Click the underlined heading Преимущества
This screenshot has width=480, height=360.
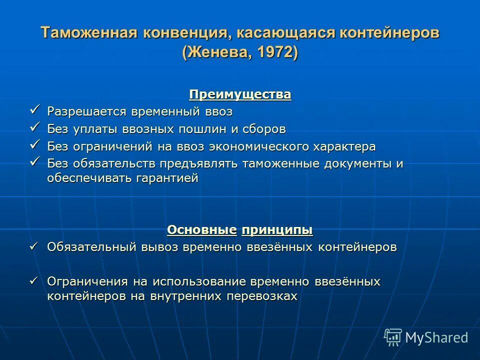tap(240, 94)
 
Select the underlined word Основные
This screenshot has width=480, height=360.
tap(202, 230)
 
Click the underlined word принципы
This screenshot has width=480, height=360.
tap(277, 230)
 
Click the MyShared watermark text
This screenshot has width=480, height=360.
tap(436, 337)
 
